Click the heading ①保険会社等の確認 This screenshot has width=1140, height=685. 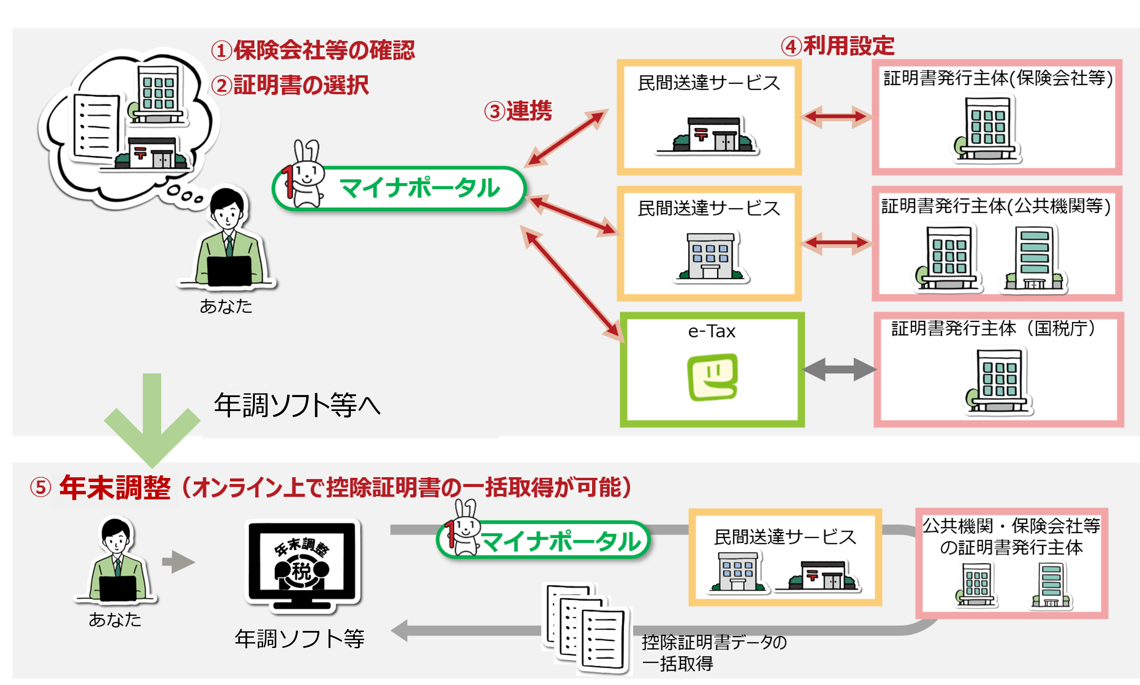pyautogui.click(x=313, y=50)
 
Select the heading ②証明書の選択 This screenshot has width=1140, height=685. pyautogui.click(x=290, y=85)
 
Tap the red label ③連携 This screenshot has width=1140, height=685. pyautogui.click(x=518, y=111)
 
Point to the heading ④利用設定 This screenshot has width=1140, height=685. pyautogui.click(x=837, y=46)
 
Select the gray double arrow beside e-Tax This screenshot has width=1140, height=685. pyautogui.click(x=839, y=369)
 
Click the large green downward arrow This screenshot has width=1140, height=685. pyautogui.click(x=152, y=420)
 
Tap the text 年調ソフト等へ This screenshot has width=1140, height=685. pyautogui.click(x=297, y=405)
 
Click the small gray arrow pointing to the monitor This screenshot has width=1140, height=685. pyautogui.click(x=178, y=562)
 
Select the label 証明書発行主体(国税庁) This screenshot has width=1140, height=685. pyautogui.click(x=993, y=328)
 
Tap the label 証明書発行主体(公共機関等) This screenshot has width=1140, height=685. pyautogui.click(x=996, y=206)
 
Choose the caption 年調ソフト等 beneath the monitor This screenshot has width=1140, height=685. pyautogui.click(x=300, y=639)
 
